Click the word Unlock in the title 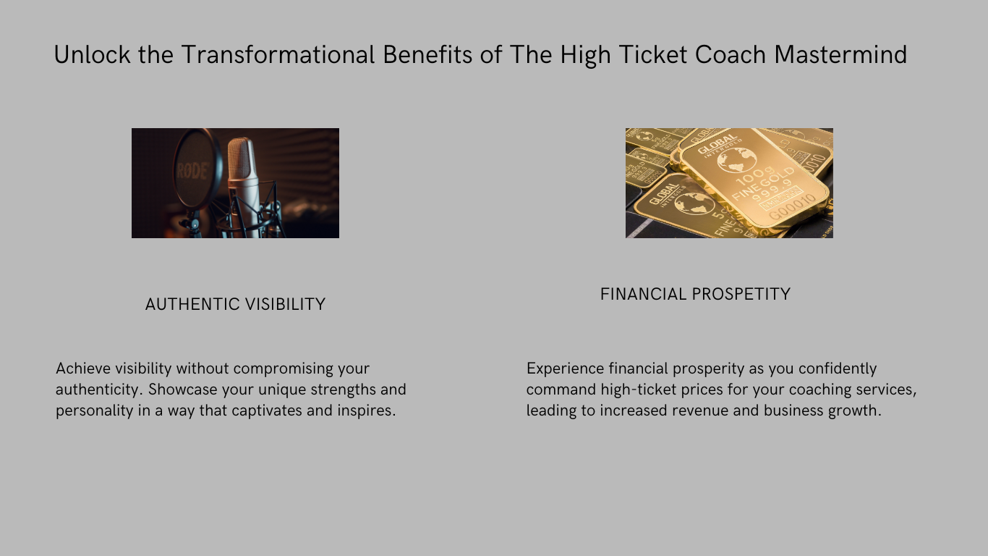click(92, 55)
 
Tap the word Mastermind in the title click(840, 55)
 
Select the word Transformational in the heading click(278, 55)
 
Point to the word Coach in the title click(730, 55)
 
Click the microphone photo click(235, 183)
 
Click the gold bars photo click(729, 183)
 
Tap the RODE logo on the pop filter click(192, 170)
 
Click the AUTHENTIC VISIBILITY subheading click(235, 304)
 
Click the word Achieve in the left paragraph click(83, 368)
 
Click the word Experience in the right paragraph click(565, 368)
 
